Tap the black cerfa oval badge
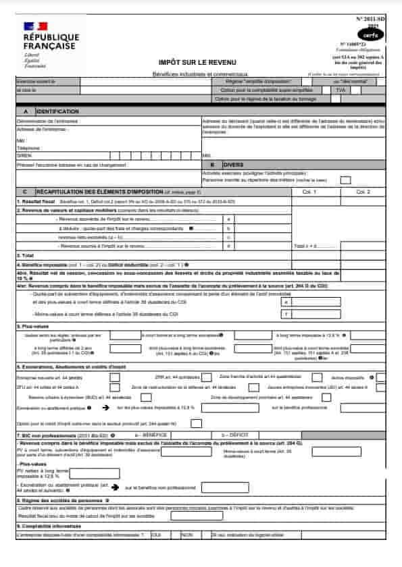[x=370, y=33]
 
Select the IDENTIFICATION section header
[x=57, y=111]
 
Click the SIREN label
[x=24, y=154]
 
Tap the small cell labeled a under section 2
[x=230, y=219]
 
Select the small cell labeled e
[x=286, y=302]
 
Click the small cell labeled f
[x=286, y=314]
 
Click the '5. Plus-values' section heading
[x=33, y=326]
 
